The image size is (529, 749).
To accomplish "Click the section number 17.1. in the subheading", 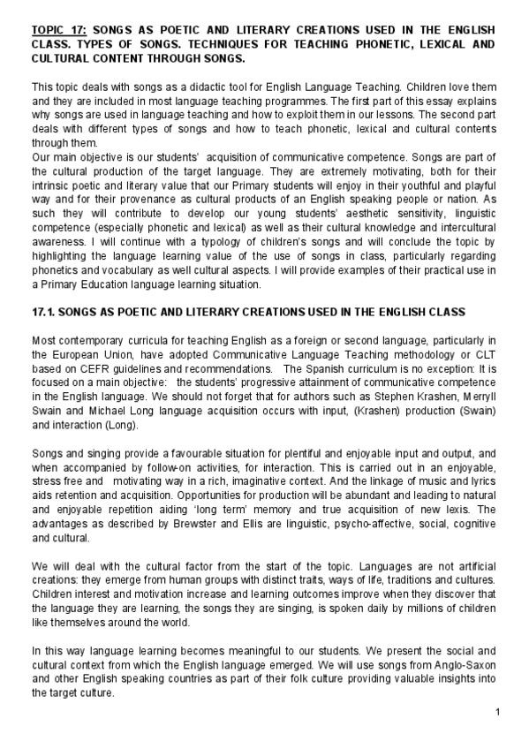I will click(x=46, y=314).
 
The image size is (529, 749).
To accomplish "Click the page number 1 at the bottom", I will click(x=497, y=712).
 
